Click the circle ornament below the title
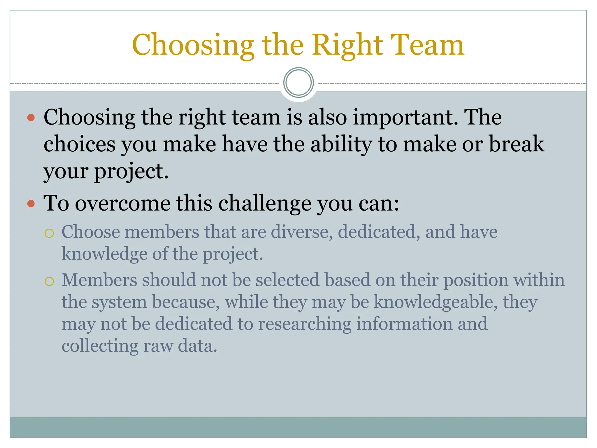(298, 83)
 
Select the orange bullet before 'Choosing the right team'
(31, 118)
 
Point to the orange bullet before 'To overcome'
(31, 203)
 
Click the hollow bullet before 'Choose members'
(49, 233)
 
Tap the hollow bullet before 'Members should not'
(49, 281)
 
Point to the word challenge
(265, 204)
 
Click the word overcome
(123, 203)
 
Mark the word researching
(305, 324)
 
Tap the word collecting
(100, 346)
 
